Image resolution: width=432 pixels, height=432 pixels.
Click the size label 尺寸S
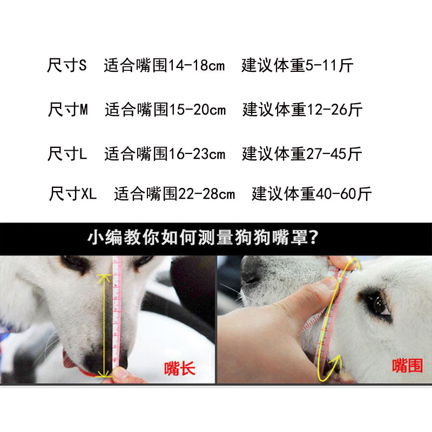67,66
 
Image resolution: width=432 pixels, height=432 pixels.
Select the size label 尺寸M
68,110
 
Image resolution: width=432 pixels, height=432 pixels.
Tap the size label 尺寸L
67,154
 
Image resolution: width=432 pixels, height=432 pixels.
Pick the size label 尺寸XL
73,193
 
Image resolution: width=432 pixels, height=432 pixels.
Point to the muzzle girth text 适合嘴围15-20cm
165,110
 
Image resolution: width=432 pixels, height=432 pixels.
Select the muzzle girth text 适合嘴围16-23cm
165,154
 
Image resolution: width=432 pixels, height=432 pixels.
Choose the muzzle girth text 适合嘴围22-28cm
174,193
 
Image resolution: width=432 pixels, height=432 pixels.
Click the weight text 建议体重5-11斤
298,66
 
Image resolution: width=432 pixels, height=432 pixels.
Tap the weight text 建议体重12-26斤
302,110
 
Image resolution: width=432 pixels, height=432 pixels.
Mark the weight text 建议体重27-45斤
302,154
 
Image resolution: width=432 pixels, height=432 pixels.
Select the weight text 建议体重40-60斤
312,193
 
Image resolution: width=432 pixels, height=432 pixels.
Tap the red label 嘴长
180,369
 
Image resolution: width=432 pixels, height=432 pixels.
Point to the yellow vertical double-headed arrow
104,324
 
